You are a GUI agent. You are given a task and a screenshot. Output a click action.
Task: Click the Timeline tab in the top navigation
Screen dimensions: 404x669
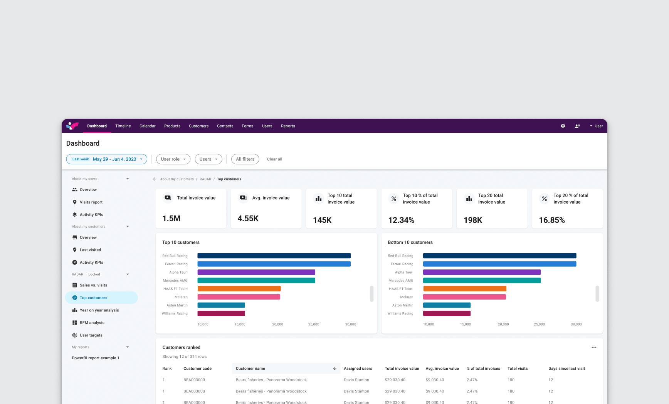[123, 126]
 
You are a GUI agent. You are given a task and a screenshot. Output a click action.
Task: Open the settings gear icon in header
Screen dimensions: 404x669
[563, 126]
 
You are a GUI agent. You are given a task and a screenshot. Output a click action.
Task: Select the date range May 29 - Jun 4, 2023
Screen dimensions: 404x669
[114, 159]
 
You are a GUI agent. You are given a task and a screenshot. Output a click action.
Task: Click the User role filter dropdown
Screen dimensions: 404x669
[173, 159]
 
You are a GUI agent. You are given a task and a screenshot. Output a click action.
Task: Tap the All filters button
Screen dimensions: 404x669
[245, 159]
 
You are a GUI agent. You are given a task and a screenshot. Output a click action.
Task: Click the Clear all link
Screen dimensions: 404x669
[274, 159]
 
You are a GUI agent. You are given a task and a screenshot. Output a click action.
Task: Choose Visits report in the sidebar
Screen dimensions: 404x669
[91, 202]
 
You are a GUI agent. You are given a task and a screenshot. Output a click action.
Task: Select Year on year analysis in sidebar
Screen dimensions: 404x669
[99, 310]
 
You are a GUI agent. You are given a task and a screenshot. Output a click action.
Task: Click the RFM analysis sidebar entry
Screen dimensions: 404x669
[92, 323]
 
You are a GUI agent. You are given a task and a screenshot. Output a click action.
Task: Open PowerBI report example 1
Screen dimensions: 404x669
[96, 358]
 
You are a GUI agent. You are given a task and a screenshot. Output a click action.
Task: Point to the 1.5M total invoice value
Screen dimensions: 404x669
[171, 219]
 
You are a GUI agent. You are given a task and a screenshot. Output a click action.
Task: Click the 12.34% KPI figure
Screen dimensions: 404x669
[401, 220]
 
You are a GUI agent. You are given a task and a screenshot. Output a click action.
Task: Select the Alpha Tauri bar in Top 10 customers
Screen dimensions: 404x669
[256, 272]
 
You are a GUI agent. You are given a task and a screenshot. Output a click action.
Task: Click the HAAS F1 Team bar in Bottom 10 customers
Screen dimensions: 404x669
[464, 289]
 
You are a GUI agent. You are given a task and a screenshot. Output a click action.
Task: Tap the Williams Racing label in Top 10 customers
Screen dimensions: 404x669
[175, 314]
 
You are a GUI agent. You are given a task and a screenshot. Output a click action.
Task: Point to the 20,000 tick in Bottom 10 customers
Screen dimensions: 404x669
[503, 325]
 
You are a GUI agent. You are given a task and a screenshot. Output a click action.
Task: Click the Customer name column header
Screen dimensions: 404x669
[250, 369]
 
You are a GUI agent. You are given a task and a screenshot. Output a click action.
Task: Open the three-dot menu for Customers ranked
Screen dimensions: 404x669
[594, 347]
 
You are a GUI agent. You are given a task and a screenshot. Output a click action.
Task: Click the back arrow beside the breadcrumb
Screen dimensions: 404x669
[155, 179]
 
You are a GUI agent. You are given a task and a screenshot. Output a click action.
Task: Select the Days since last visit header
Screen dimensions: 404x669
[566, 369]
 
